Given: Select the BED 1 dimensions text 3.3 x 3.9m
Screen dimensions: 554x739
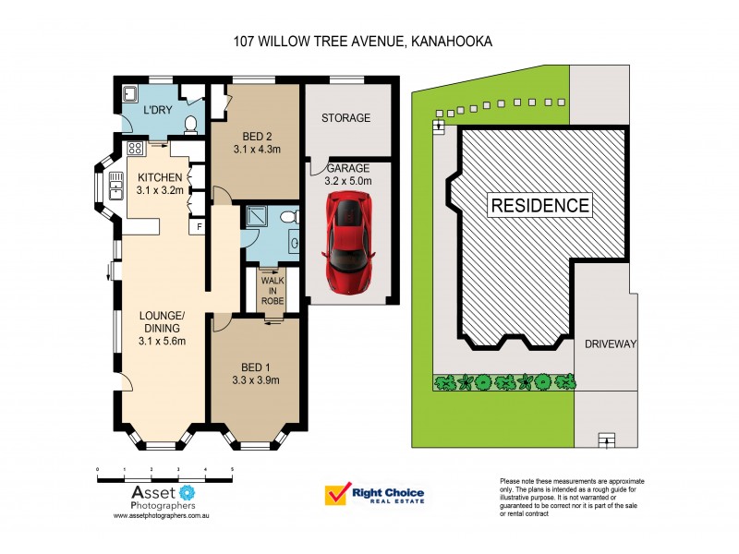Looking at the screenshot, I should coord(256,379).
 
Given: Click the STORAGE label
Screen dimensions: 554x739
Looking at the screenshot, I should coord(345,118).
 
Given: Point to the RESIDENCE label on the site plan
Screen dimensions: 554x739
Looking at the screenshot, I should coord(539,205).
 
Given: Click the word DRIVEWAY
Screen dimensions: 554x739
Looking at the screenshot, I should coord(611,344).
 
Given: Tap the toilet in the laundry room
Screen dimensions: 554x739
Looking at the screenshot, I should coord(191,124).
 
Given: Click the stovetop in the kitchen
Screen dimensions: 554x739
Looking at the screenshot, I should coord(134,148).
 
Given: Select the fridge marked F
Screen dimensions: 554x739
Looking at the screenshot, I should coord(197,226).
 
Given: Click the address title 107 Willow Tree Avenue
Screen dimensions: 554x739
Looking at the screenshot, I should coord(361,42).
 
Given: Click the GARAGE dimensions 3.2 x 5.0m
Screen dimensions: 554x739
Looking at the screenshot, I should coord(347,182).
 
